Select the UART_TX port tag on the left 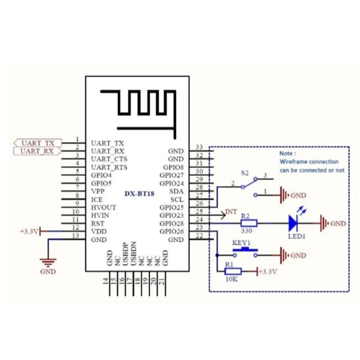[x=37, y=143]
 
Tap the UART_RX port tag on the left [x=37, y=151]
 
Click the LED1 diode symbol [x=293, y=223]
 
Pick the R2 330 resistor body [x=249, y=223]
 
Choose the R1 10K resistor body [x=233, y=271]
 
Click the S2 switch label [x=245, y=173]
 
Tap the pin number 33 [x=199, y=147]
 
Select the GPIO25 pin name [x=171, y=207]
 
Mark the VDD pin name [x=97, y=232]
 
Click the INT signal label [x=231, y=212]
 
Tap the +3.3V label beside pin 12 [x=29, y=231]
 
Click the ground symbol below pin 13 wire [x=48, y=262]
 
